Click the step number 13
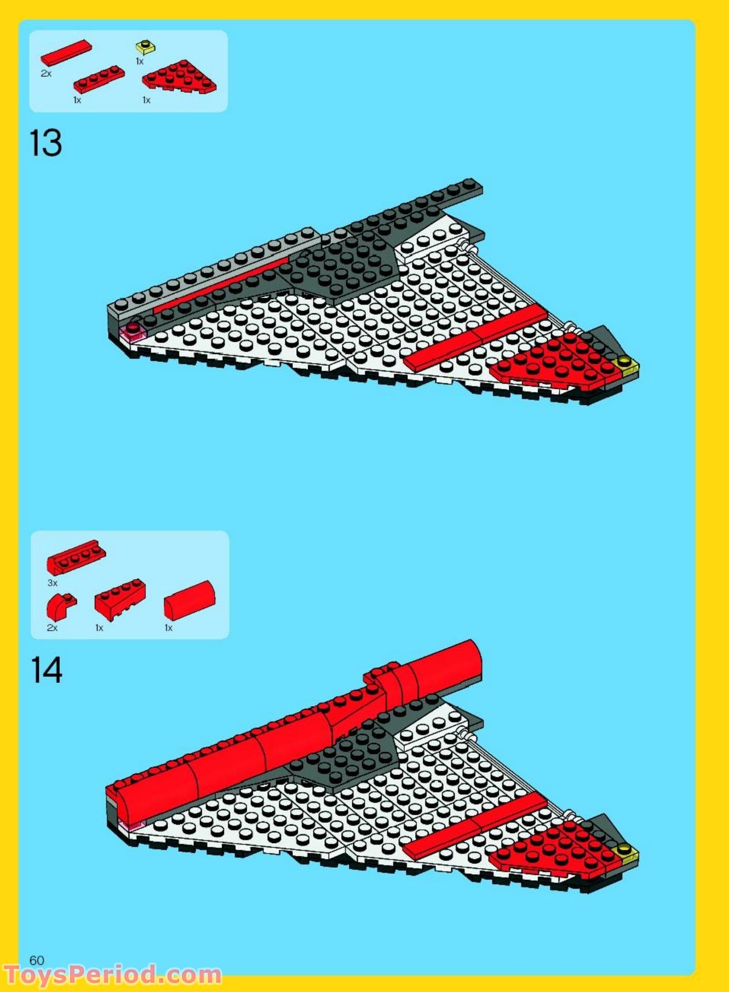coord(46,143)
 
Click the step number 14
coord(47,671)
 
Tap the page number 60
coord(37,960)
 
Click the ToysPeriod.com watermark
coord(112,975)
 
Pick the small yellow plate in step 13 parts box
coord(146,47)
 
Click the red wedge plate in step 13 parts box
coord(179,78)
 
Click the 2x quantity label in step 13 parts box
coord(46,73)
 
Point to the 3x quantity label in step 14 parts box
coord(53,583)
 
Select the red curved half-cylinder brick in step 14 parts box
coord(190,601)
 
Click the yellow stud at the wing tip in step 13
coord(624,362)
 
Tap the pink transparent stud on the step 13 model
coord(133,330)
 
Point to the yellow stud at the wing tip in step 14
coord(624,850)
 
